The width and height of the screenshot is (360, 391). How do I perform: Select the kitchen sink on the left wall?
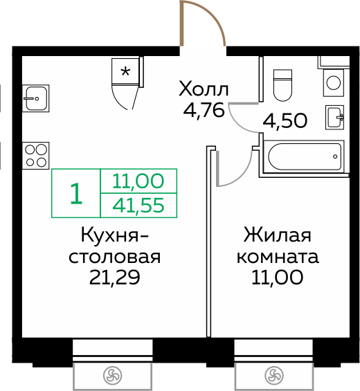pyautogui.click(x=34, y=98)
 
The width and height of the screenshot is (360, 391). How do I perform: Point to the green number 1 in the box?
pyautogui.click(x=76, y=194)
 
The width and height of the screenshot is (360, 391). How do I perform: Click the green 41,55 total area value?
pyautogui.click(x=138, y=205)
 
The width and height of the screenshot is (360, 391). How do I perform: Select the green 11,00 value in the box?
pyautogui.click(x=138, y=182)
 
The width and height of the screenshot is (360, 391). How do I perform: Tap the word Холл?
pyautogui.click(x=203, y=89)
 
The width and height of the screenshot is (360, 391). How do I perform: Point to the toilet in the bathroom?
pyautogui.click(x=283, y=84)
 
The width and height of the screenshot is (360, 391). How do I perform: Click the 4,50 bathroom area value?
pyautogui.click(x=285, y=121)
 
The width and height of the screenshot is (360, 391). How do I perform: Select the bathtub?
pyautogui.click(x=303, y=158)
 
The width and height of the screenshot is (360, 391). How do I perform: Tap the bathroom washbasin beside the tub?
pyautogui.click(x=336, y=117)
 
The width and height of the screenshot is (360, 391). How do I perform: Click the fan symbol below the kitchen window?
pyautogui.click(x=111, y=376)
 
